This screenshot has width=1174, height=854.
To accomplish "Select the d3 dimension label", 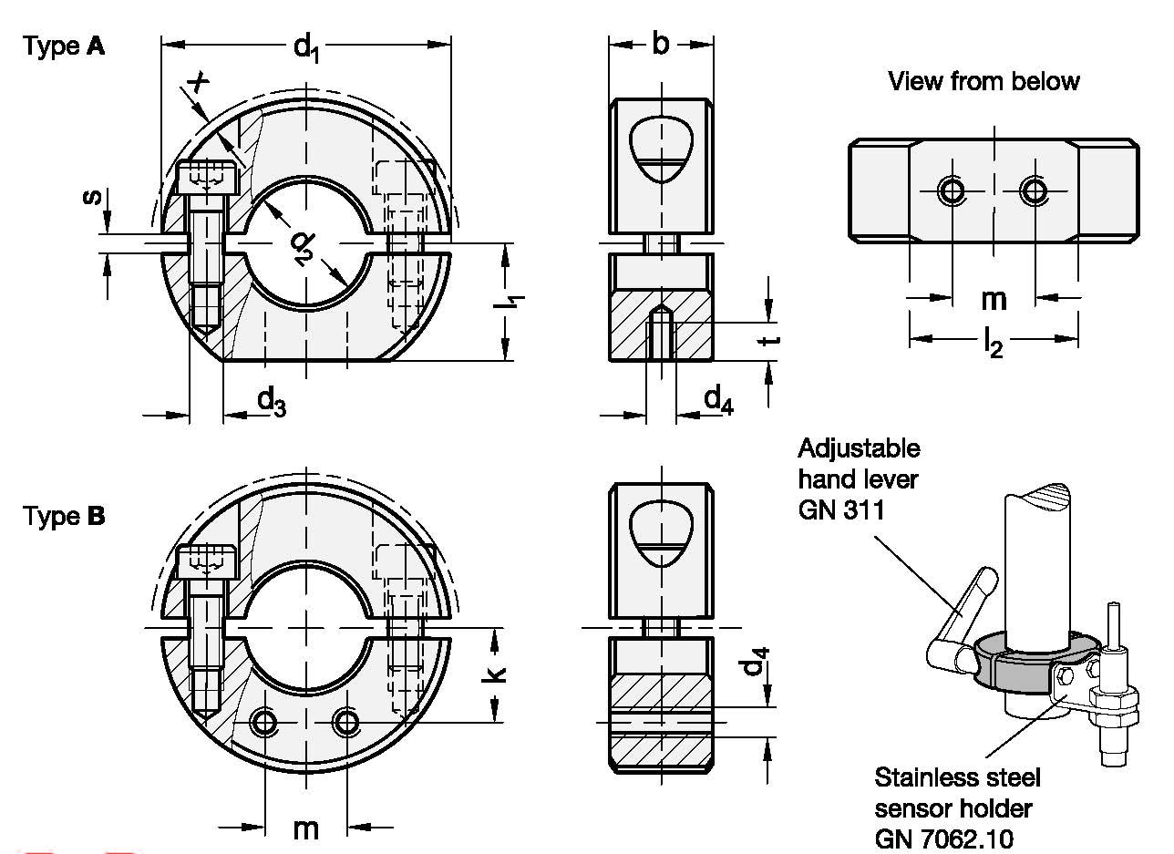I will coord(271,400).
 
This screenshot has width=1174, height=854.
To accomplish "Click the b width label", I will coord(661,43).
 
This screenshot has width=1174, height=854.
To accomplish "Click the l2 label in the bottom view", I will coord(994,343).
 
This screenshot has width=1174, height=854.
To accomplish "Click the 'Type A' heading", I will coord(65,46).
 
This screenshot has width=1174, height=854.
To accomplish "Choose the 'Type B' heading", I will coord(65,517).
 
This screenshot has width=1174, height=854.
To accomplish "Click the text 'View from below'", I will coord(983,81).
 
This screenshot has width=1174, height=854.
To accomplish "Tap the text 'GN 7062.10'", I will coord(943,838).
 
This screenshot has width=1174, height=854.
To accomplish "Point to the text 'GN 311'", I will coord(841,509).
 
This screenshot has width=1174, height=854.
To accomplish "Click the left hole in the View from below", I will coord(953,190).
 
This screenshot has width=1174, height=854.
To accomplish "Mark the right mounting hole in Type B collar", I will coord(346,723).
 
